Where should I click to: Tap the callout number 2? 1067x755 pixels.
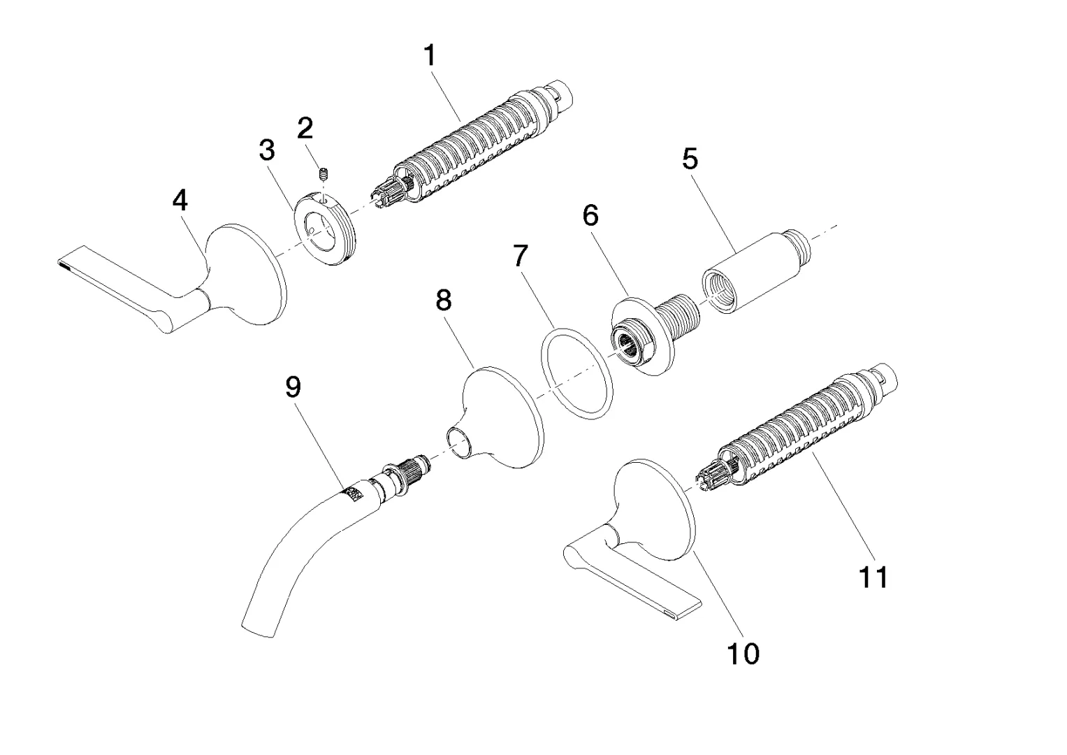coord(305,128)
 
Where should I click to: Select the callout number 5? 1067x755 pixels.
coord(690,159)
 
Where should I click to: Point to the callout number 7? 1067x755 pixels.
coord(521,256)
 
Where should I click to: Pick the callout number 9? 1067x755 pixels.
coord(293,386)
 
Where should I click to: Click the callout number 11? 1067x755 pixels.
coord(873,577)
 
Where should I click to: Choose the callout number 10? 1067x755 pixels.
coord(743,654)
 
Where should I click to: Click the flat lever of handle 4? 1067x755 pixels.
coord(112,276)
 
